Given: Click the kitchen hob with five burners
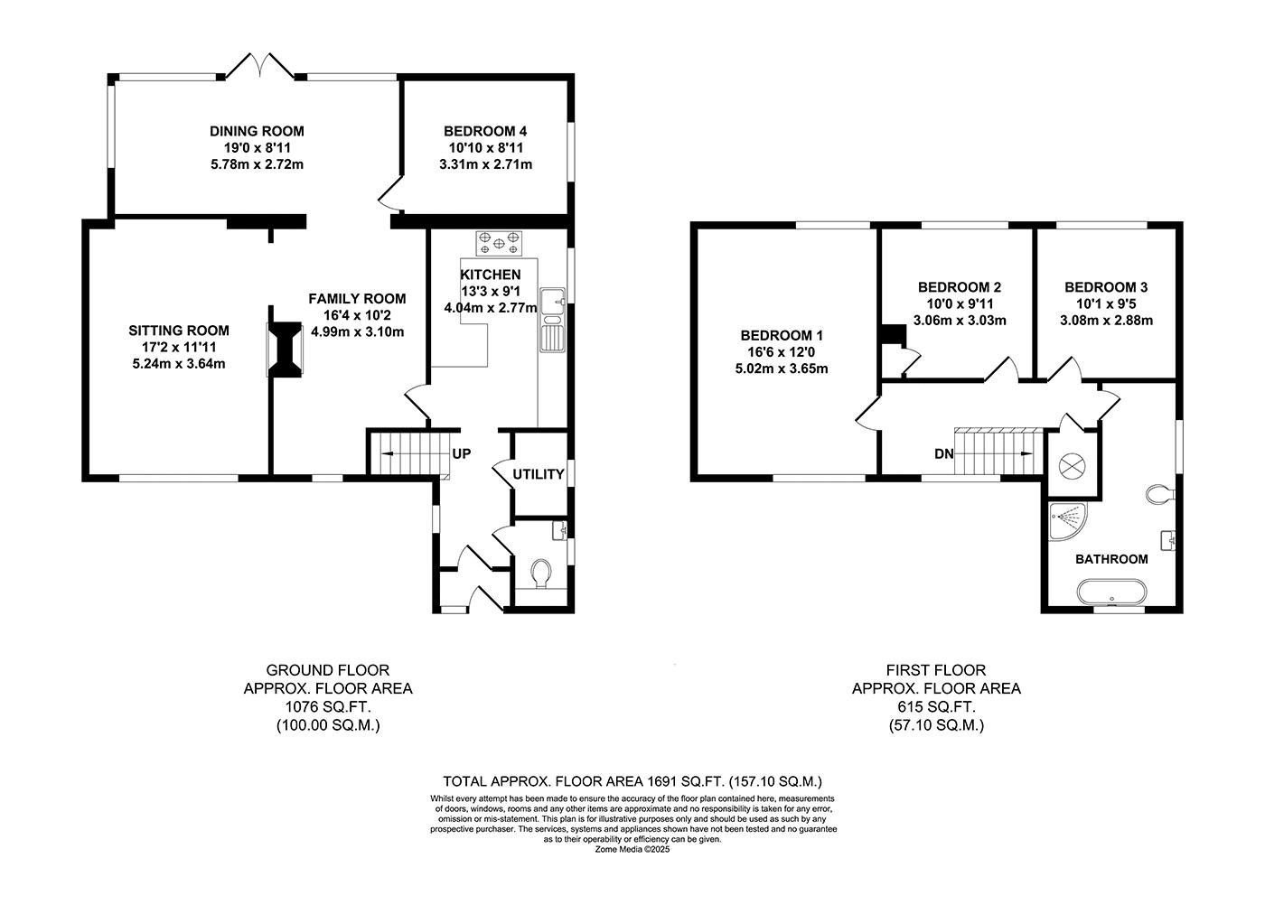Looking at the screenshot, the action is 499,243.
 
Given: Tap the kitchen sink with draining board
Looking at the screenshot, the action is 552,320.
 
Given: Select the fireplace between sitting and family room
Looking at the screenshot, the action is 285,350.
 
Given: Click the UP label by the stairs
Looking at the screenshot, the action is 462,454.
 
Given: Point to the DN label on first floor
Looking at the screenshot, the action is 943,454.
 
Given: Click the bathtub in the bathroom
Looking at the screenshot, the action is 1111,592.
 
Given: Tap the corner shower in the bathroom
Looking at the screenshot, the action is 1067,521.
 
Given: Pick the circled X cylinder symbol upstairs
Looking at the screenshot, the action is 1072,467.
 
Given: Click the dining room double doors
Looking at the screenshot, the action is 260,67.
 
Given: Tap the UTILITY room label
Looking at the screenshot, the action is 539,474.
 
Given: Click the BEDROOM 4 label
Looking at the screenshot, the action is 485,132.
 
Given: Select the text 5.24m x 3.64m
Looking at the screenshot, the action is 179,364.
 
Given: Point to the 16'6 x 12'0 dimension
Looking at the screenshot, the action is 781,352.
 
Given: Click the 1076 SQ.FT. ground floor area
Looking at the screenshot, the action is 327,707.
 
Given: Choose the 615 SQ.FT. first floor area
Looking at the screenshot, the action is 936,707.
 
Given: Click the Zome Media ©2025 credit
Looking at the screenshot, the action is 632,849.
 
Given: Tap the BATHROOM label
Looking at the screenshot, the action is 1111,559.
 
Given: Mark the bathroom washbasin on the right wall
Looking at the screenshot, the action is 1167,540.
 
